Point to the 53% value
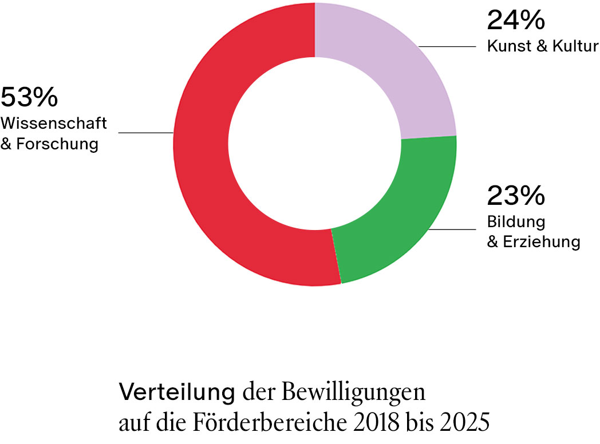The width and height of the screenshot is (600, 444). (x=29, y=98)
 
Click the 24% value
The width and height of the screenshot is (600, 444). (x=515, y=21)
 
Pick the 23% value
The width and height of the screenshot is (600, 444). (x=515, y=196)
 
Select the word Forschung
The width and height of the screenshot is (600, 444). (x=57, y=144)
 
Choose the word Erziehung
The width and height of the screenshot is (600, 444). (x=542, y=241)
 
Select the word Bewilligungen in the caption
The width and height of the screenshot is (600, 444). (x=354, y=394)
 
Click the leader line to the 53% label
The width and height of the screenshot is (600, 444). (x=146, y=133)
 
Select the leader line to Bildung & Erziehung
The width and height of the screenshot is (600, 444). (x=452, y=230)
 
